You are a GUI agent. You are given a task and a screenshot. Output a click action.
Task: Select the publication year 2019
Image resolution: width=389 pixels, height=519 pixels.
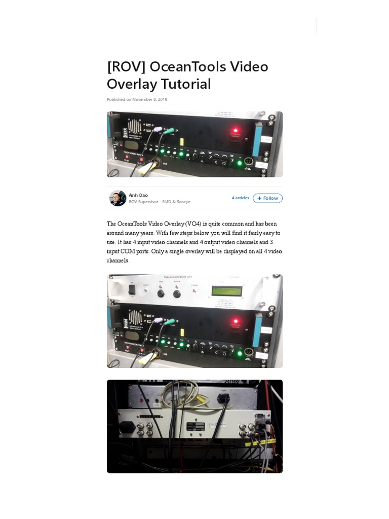pos(162,100)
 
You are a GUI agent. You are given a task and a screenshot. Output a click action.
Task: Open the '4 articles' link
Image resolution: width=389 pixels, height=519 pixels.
pos(241,198)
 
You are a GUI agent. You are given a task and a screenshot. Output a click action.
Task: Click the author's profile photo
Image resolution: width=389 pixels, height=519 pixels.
pos(118,198)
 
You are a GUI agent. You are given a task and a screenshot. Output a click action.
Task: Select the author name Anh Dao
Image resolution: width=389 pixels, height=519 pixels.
pos(138,195)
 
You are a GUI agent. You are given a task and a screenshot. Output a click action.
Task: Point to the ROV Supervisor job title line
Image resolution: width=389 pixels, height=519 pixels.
pos(160,202)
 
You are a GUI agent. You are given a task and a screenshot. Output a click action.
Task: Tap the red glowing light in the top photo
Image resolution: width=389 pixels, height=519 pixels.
pos(235,131)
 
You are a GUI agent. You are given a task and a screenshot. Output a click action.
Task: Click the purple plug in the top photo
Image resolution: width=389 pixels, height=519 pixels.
pos(158,130)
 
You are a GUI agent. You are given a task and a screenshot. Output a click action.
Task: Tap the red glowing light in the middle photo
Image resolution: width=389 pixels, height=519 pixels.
pos(235,321)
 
